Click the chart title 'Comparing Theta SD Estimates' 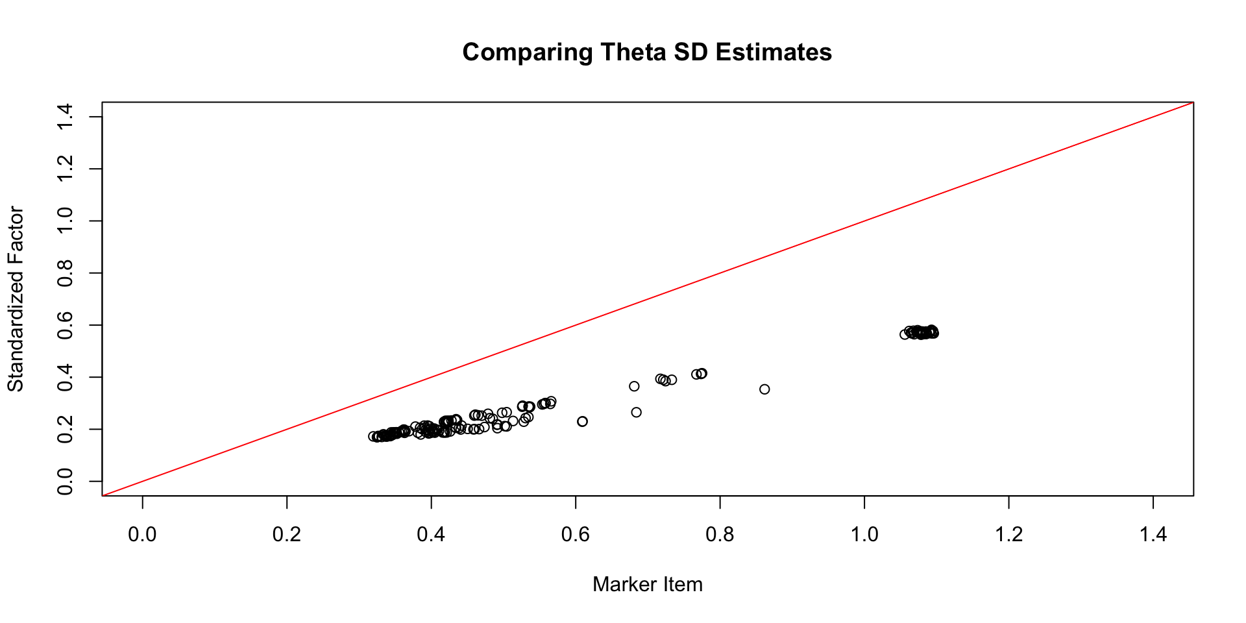[647, 53]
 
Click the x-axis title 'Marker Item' [647, 585]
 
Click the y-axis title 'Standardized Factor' [16, 299]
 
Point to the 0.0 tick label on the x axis [142, 535]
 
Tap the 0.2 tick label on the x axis [287, 535]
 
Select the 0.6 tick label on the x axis [576, 535]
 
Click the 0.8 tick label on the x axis [720, 535]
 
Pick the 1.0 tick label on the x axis [864, 535]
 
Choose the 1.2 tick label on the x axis [1009, 535]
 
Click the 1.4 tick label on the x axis [1153, 535]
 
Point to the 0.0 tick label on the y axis [65, 482]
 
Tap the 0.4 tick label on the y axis [65, 377]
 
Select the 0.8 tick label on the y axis [65, 273]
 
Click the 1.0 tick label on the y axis [65, 221]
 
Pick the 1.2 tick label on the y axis [65, 169]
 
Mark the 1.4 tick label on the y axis [65, 117]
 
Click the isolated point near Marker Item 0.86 [764, 389]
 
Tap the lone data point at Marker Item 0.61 [582, 422]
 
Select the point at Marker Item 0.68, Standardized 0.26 [636, 413]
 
